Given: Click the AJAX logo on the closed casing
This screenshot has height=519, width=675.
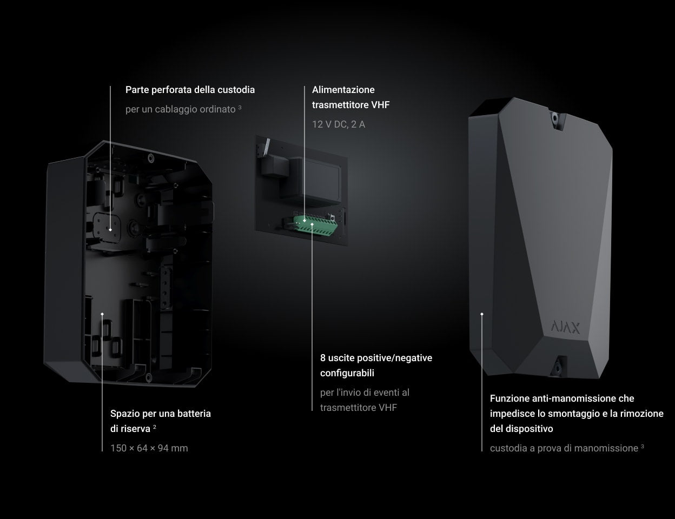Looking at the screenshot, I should [x=565, y=327].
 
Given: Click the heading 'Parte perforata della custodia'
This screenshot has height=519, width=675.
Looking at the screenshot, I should [x=190, y=90].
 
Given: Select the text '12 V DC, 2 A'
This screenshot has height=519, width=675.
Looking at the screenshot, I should [x=339, y=124].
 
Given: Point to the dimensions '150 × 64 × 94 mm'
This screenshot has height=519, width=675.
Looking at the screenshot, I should [x=149, y=448].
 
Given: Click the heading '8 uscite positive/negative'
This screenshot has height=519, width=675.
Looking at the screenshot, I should [x=376, y=358].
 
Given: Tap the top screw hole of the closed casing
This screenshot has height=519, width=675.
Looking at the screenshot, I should [x=555, y=117].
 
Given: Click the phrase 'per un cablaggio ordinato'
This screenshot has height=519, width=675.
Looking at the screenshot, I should [x=181, y=109].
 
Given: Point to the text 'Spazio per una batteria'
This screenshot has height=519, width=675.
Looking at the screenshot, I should [x=161, y=414].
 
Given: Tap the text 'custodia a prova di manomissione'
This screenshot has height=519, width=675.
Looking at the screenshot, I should [x=564, y=448].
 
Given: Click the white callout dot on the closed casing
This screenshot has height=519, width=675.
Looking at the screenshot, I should [x=481, y=314].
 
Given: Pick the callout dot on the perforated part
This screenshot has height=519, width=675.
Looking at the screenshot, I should [x=110, y=229].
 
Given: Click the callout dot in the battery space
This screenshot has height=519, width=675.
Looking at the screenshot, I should [x=102, y=314].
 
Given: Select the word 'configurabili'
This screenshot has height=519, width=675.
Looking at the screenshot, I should [x=347, y=373].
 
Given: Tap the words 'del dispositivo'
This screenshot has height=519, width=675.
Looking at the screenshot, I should [x=521, y=429].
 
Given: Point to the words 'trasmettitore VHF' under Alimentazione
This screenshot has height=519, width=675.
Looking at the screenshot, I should [x=350, y=105].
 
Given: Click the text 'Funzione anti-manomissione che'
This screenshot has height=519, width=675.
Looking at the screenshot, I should [x=562, y=398].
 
